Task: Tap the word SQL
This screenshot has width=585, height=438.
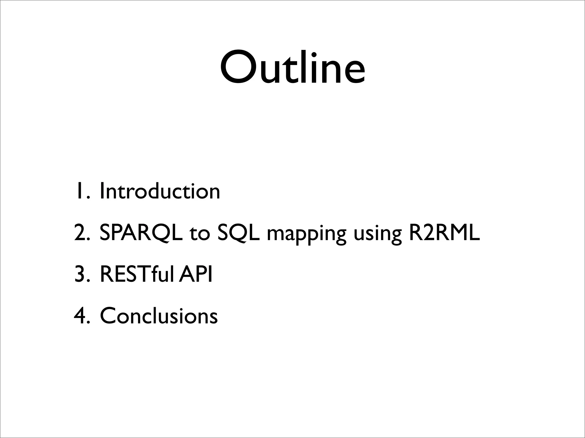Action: (239, 233)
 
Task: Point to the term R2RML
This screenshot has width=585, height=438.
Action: (444, 233)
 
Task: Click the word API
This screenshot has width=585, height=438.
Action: (196, 274)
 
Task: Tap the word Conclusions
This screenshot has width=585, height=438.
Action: (159, 316)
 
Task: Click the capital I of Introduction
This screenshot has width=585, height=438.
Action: (102, 191)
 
